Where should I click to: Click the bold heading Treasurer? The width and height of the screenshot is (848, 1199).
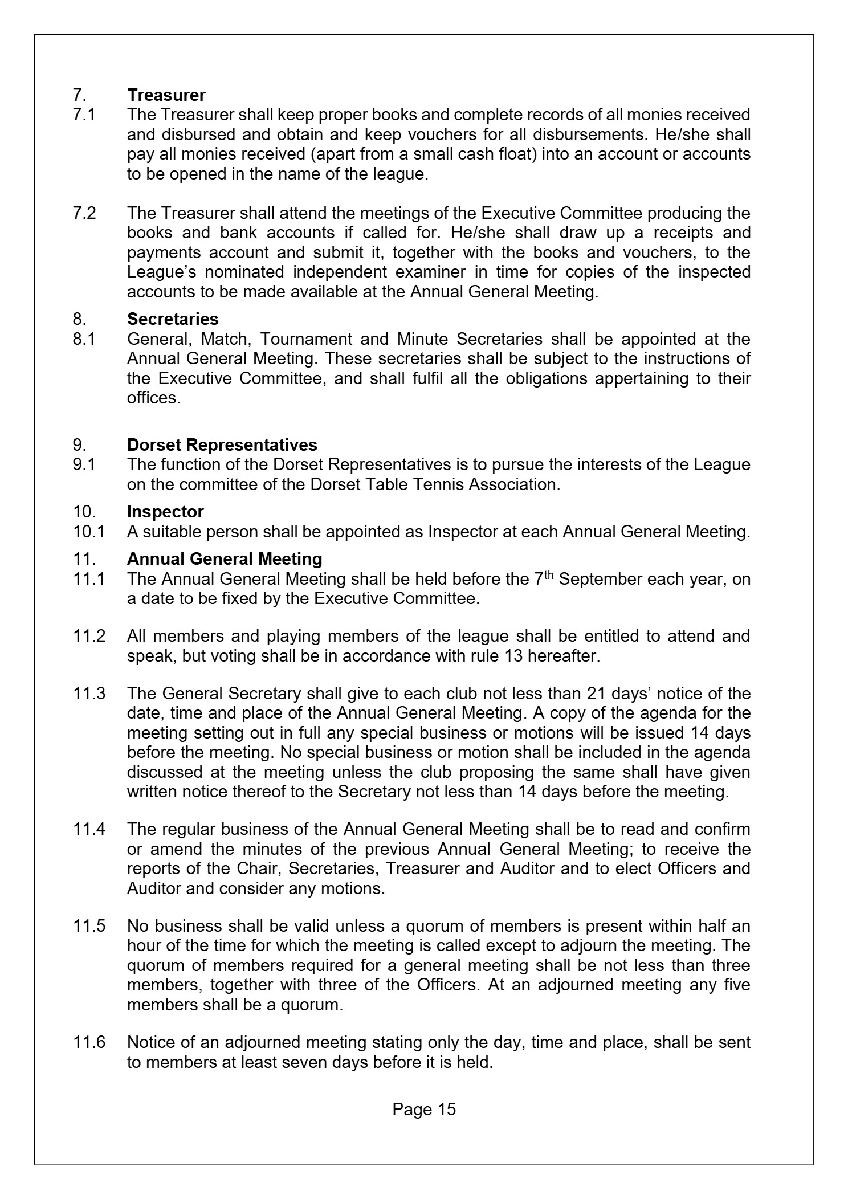(x=166, y=95)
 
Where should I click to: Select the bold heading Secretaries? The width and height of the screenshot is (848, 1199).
(x=173, y=319)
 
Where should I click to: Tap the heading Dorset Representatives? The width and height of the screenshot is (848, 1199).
(x=222, y=444)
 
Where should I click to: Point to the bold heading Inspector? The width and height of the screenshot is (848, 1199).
(x=165, y=512)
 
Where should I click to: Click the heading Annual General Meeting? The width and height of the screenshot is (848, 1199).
(x=225, y=559)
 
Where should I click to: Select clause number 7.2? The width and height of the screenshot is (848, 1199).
(x=84, y=213)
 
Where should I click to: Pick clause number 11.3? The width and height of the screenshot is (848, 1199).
(x=89, y=694)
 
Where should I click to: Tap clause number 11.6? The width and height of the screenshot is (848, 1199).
(x=89, y=1042)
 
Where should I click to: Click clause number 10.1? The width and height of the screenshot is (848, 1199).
(x=89, y=532)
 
